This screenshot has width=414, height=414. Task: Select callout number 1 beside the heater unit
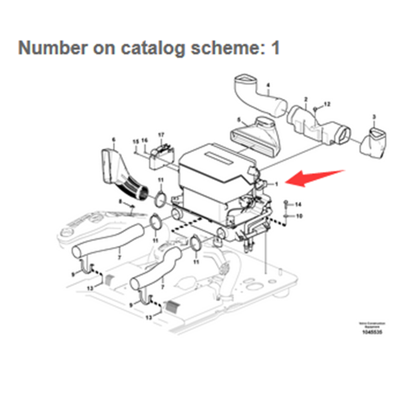[276, 183]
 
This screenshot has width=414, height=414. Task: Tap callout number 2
[306, 99]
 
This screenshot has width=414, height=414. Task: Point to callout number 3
[374, 117]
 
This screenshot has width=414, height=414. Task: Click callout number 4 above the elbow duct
[268, 85]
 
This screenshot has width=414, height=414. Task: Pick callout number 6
[114, 139]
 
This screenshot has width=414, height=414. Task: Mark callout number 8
[121, 201]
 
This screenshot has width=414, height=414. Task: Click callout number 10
[299, 215]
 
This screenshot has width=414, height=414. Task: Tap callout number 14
[298, 205]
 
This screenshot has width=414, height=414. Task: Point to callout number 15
[136, 141]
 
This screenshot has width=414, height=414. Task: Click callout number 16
[145, 140]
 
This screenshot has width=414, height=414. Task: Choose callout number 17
[161, 135]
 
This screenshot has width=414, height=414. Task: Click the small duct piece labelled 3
[374, 142]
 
